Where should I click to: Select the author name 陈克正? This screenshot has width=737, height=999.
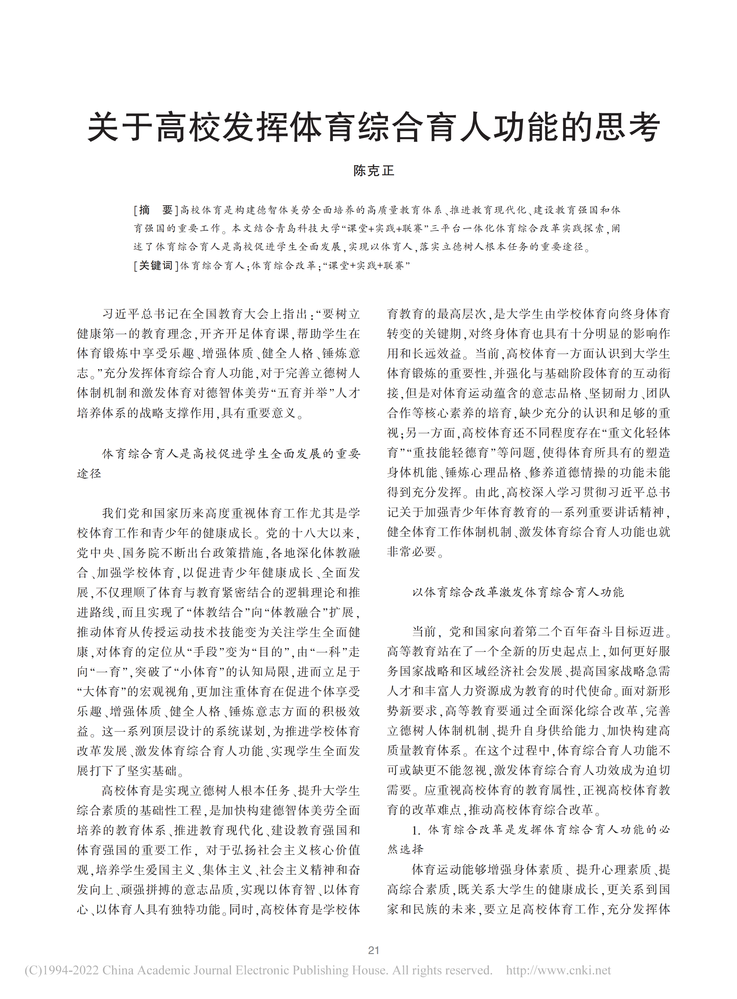coord(374,171)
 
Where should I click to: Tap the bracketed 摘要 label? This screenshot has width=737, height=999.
coord(156,210)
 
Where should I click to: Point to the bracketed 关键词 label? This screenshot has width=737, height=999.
coord(156,266)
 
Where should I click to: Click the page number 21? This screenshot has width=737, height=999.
coord(374,950)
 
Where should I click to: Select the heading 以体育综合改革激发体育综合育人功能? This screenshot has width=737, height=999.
coord(518,592)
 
